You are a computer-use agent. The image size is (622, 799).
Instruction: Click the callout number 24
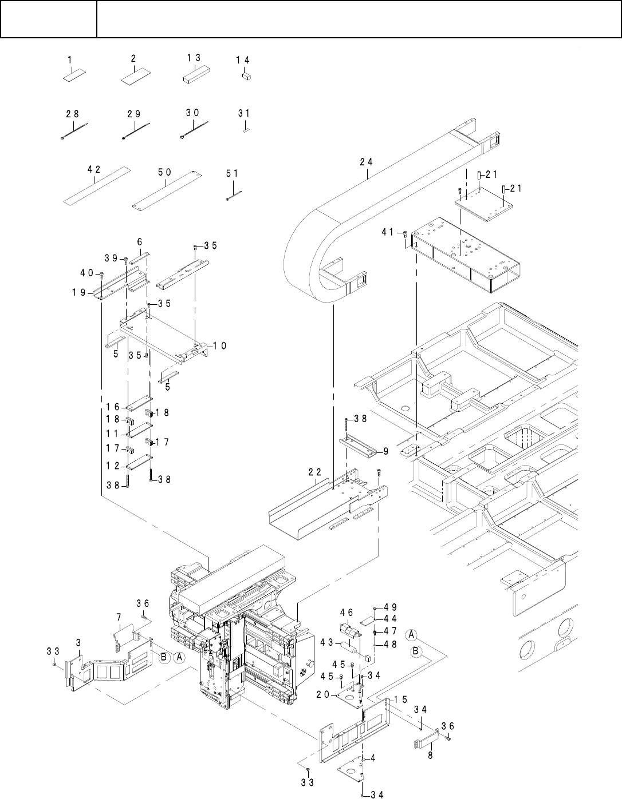[366, 162]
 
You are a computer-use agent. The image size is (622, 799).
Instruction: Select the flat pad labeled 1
[74, 75]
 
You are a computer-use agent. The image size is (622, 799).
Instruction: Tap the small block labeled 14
[246, 76]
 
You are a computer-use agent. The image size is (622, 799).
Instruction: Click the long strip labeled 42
[97, 186]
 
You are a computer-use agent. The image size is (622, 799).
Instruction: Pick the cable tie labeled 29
[135, 130]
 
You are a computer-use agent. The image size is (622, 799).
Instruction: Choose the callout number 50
[165, 172]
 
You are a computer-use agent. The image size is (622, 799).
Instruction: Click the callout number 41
[388, 232]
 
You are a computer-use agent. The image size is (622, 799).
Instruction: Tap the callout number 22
[314, 472]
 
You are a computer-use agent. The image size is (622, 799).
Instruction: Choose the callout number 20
[323, 694]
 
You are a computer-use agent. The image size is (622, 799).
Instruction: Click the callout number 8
[430, 755]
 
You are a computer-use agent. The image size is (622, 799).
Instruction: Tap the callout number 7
[119, 617]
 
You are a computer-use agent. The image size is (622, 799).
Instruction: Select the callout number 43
[326, 642]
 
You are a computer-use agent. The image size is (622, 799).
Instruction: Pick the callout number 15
[401, 699]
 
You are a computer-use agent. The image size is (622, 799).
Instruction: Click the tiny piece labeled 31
[246, 130]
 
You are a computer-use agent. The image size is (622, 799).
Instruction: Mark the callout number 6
[140, 242]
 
